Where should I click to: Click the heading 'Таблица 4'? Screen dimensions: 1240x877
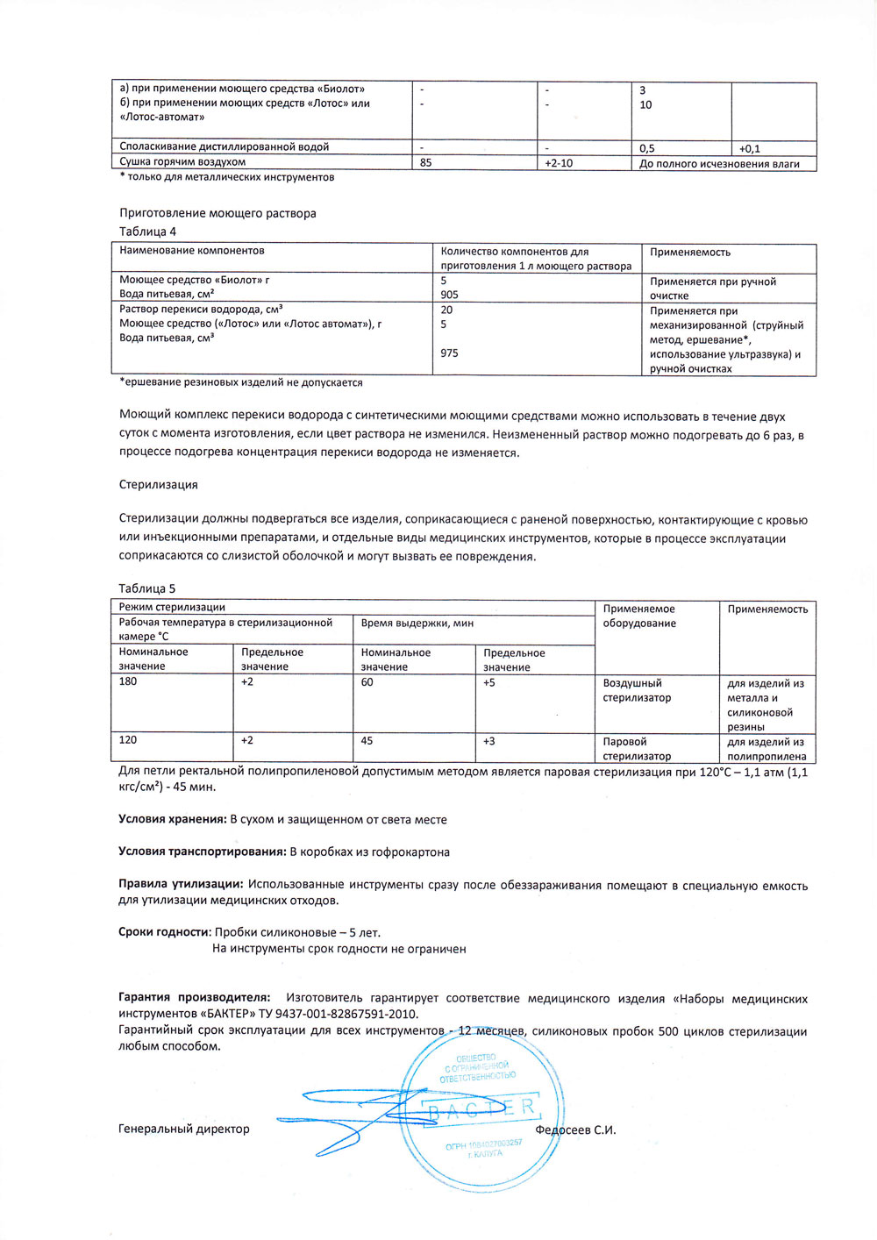(147, 232)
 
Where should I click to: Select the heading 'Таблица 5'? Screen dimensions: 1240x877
(147, 588)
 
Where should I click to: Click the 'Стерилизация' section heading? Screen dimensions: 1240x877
(159, 484)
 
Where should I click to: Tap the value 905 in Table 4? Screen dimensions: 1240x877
(450, 295)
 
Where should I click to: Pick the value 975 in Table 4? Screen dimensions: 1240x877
(450, 353)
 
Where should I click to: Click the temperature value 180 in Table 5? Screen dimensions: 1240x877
(128, 681)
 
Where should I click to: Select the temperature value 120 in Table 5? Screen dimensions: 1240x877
(128, 740)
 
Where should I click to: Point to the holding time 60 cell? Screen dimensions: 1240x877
(367, 681)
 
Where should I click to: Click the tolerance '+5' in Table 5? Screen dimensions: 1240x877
(489, 681)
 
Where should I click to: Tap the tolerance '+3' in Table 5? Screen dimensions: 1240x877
(489, 741)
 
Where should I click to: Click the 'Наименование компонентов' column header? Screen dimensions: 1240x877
(192, 251)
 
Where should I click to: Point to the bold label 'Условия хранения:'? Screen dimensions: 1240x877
(173, 819)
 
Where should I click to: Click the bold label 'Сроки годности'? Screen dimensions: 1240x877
(164, 932)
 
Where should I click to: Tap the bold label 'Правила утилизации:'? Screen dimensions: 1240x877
(181, 885)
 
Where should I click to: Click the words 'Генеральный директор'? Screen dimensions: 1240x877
(184, 1129)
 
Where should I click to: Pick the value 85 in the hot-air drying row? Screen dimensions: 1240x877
(426, 162)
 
